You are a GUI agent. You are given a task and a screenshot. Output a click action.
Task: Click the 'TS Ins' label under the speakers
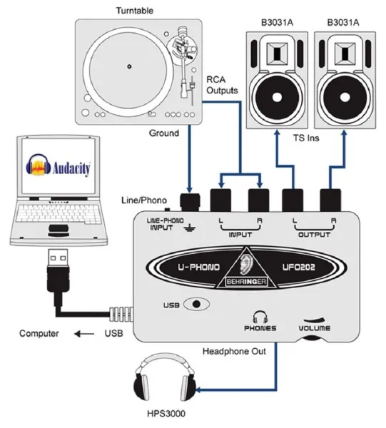pos(308,142)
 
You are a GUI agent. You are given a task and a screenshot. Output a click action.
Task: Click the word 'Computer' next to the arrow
pos(39,332)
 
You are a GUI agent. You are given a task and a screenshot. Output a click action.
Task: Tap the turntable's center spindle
pos(129,66)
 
